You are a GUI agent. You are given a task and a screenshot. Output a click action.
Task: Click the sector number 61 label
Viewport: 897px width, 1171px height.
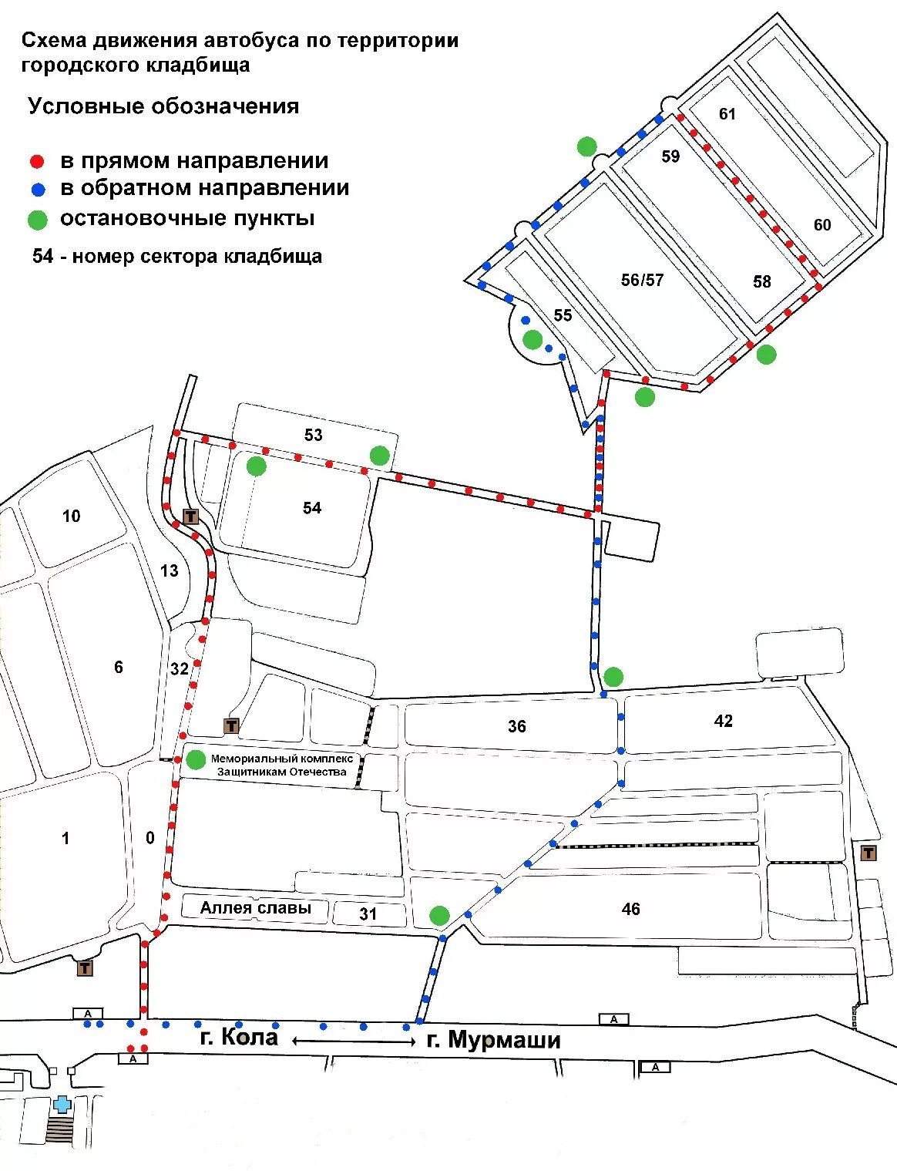(x=727, y=114)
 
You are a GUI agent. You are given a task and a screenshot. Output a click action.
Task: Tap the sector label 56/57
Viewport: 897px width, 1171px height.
(x=642, y=280)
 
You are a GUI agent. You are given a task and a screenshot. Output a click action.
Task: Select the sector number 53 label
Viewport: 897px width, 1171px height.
(x=313, y=435)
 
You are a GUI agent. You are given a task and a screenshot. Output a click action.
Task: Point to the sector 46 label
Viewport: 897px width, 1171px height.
(x=630, y=909)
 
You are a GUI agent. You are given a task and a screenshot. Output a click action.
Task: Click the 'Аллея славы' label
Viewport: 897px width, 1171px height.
(x=255, y=908)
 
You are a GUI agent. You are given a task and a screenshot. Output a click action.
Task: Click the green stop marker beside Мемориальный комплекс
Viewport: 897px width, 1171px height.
(x=197, y=759)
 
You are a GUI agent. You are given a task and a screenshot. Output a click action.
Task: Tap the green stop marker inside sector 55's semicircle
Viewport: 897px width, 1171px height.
(x=532, y=339)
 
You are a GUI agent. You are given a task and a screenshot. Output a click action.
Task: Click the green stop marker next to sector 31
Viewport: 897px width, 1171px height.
(x=439, y=915)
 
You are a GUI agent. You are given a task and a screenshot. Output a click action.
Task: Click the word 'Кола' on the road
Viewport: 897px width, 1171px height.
(x=249, y=1037)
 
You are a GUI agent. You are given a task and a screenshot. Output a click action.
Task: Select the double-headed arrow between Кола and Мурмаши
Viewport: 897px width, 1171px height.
(x=353, y=1041)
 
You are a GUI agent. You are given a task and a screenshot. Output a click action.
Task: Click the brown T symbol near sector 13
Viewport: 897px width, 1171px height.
(x=190, y=516)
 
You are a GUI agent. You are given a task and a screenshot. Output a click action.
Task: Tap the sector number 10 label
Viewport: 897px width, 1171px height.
(x=71, y=516)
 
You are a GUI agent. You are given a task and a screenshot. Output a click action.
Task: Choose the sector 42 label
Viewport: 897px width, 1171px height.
(x=723, y=721)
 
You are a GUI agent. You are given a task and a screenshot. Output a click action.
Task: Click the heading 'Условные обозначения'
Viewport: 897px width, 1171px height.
(x=163, y=106)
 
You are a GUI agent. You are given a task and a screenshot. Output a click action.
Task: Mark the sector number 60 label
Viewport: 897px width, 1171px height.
(x=822, y=224)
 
